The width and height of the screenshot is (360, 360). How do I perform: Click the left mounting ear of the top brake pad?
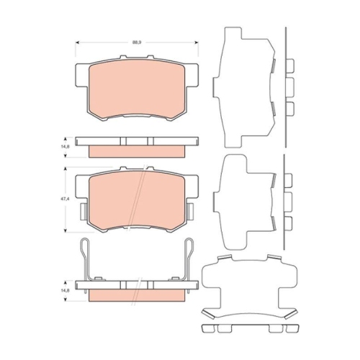click(x=80, y=74)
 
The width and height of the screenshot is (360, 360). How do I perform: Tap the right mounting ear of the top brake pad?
click(x=192, y=74)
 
